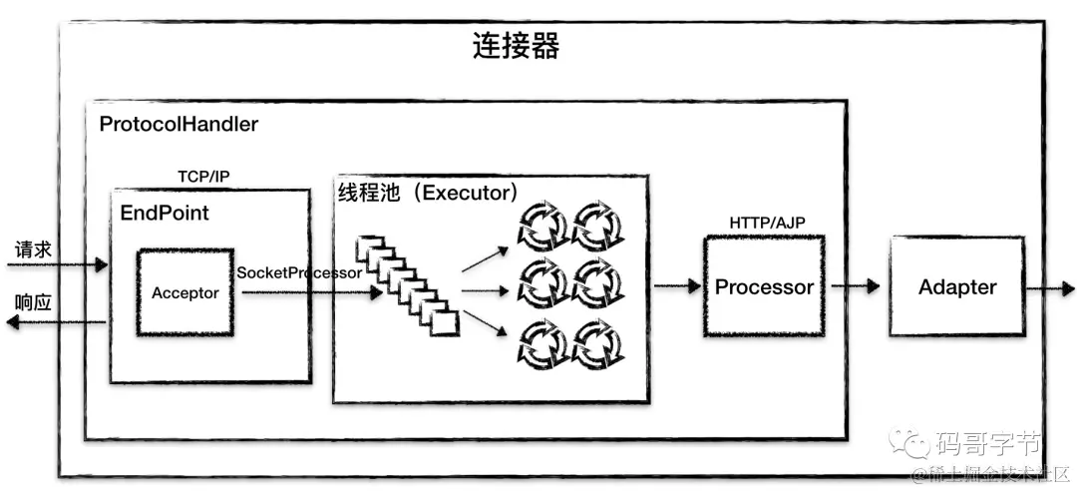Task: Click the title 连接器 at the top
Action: point(516,47)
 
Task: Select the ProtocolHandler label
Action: point(179,125)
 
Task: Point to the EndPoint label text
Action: point(165,214)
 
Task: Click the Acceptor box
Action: point(185,293)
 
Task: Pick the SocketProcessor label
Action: point(299,271)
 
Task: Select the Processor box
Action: point(764,286)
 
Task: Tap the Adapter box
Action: point(957,286)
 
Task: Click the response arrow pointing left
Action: point(55,321)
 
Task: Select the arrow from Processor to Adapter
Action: point(855,286)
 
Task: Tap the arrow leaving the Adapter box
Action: point(1047,287)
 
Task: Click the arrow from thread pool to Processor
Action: point(677,286)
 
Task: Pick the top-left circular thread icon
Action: point(542,225)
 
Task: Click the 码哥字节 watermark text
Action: point(986,441)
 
